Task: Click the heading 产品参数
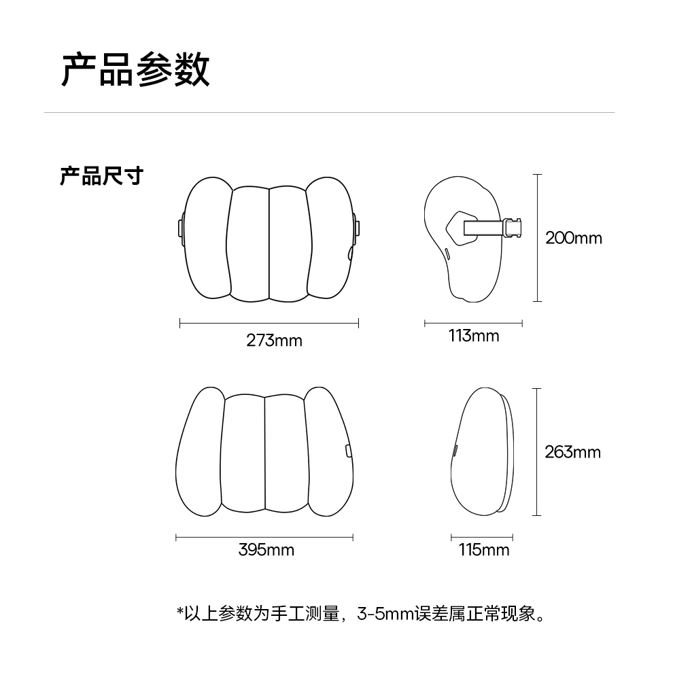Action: pos(135,70)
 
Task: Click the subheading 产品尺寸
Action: pos(101,175)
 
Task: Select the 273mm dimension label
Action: pos(274,340)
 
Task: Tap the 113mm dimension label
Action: pos(473,336)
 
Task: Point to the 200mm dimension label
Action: pos(573,238)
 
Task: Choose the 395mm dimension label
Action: pos(266,549)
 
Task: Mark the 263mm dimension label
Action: pos(572,452)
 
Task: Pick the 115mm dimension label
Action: pos(483,549)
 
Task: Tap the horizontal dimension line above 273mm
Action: pos(269,324)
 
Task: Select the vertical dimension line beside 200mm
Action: pos(537,238)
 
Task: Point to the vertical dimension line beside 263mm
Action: pos(537,452)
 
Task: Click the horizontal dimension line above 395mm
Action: pos(264,538)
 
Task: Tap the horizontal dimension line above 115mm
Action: pos(482,538)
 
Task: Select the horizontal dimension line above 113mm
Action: pos(473,324)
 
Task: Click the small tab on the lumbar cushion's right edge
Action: pos(348,450)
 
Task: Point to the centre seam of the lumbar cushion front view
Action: pos(264,452)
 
